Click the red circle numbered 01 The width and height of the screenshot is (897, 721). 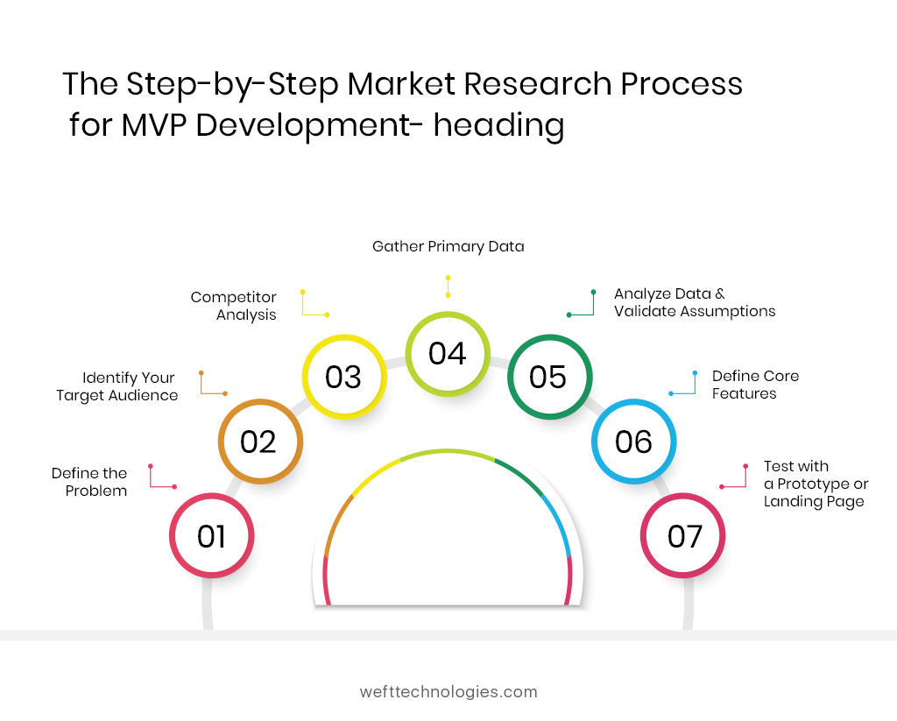click(x=211, y=536)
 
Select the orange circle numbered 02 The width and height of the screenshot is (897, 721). click(x=259, y=442)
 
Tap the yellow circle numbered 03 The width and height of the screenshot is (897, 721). click(x=343, y=377)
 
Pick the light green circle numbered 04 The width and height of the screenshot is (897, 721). click(x=447, y=353)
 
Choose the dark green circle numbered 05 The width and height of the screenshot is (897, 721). click(x=549, y=377)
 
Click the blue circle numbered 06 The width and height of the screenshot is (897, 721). click(x=634, y=442)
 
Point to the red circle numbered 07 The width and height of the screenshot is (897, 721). click(x=684, y=536)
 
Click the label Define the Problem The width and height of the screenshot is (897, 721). click(x=89, y=482)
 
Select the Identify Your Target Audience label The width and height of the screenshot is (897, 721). click(x=117, y=386)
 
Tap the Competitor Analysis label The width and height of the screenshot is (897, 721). click(x=234, y=306)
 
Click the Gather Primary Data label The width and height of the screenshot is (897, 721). click(x=448, y=247)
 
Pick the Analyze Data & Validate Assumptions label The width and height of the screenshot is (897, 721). click(x=694, y=302)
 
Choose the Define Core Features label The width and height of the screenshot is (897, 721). click(x=754, y=385)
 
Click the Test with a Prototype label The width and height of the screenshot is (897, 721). click(x=815, y=484)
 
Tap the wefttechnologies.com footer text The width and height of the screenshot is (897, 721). click(x=448, y=691)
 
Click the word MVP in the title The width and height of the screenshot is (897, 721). click(x=154, y=124)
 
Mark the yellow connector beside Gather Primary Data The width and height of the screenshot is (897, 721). click(x=448, y=286)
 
